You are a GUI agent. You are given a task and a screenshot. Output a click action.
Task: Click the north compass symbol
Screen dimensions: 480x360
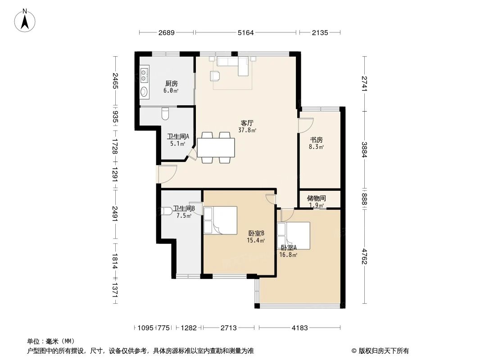click(x=25, y=21)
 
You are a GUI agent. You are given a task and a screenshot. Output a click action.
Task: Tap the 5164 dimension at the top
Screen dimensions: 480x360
click(x=246, y=32)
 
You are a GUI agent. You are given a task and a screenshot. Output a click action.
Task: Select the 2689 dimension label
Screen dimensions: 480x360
click(x=167, y=32)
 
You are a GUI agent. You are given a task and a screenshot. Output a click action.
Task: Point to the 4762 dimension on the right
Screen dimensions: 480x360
click(x=364, y=256)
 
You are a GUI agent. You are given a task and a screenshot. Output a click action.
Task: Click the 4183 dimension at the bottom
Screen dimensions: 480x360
click(x=300, y=328)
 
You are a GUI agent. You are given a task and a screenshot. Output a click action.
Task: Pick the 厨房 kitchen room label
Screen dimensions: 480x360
click(x=172, y=84)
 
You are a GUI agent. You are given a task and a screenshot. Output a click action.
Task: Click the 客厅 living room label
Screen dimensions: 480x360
click(x=247, y=123)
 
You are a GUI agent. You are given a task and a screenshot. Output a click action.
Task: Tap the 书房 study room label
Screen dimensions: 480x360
click(x=316, y=140)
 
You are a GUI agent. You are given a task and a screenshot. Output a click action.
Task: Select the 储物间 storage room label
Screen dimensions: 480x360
click(x=317, y=198)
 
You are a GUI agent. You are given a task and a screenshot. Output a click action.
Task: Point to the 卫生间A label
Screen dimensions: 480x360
click(x=178, y=136)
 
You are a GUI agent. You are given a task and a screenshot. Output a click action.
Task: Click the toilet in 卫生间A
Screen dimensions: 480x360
click(x=165, y=113)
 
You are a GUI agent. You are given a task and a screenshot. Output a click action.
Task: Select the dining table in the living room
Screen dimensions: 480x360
click(x=216, y=148)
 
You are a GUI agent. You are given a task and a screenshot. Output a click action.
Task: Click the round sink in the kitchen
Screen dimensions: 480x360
click(x=144, y=91)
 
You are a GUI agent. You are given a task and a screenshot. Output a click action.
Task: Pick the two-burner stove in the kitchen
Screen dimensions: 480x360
click(x=144, y=75)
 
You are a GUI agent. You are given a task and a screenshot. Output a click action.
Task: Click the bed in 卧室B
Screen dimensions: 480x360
click(x=220, y=220)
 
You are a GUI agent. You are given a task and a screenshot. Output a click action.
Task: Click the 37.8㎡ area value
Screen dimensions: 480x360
click(x=247, y=130)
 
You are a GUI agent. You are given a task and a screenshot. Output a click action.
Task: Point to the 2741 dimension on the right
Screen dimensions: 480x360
click(x=364, y=84)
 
